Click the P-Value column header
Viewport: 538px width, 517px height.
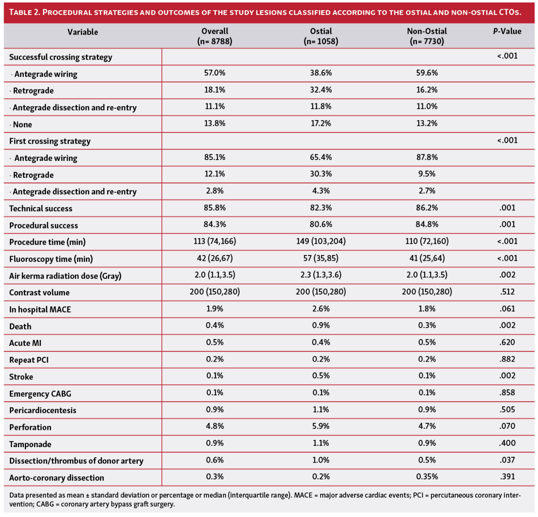coord(507,32)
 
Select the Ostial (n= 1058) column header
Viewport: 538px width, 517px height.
coord(321,36)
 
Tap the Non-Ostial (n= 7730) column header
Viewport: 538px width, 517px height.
coord(427,36)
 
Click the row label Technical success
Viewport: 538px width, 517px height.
coord(41,208)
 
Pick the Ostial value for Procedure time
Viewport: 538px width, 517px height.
coord(321,241)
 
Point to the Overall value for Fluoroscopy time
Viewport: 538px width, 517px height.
coord(215,258)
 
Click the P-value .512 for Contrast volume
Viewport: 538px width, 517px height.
coord(507,292)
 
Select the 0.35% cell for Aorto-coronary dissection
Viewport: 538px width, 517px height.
coord(427,477)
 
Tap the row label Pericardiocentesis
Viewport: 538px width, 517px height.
coord(43,410)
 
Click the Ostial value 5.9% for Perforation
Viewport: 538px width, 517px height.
coord(321,426)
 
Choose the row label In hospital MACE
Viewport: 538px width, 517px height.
coord(40,309)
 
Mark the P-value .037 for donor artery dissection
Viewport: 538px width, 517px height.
coord(507,460)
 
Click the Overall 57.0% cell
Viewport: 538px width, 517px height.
coord(215,73)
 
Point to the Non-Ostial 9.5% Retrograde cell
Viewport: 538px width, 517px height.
coord(427,174)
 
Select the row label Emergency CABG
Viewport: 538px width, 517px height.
coord(40,394)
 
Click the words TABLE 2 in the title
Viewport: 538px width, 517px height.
coord(24,12)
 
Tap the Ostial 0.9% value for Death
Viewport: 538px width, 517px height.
coord(321,325)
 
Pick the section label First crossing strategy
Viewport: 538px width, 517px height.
coord(50,141)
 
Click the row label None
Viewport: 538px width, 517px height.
coord(22,124)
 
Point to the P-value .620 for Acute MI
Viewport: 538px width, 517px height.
coord(507,342)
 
